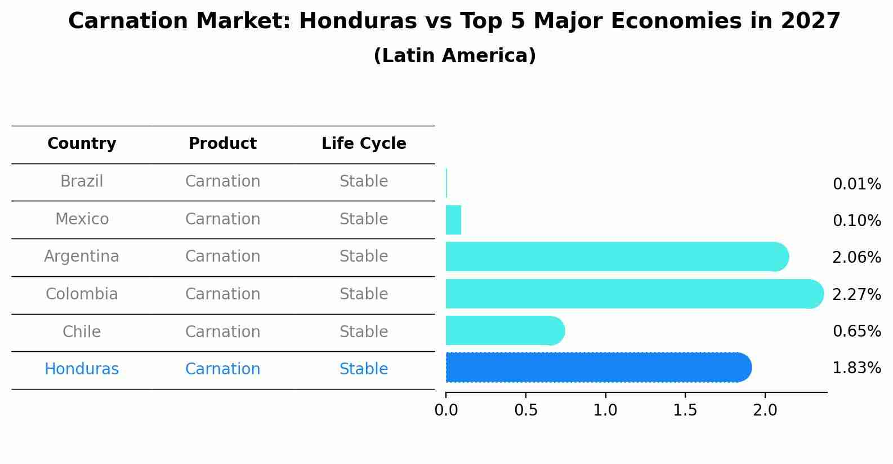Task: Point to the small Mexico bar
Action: [453, 220]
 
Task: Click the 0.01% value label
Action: [856, 184]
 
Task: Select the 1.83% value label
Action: [856, 368]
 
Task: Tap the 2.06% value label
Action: [856, 258]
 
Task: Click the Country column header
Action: [82, 144]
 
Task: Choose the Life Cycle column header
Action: [364, 144]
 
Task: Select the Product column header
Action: [222, 144]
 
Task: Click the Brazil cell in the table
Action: [82, 182]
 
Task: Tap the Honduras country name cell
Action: [82, 369]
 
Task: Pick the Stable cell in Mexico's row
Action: [364, 219]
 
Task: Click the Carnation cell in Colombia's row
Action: [222, 294]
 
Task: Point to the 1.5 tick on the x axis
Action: [685, 410]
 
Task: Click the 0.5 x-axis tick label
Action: [525, 410]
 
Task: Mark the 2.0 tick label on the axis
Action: [765, 410]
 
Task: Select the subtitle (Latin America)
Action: [454, 56]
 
